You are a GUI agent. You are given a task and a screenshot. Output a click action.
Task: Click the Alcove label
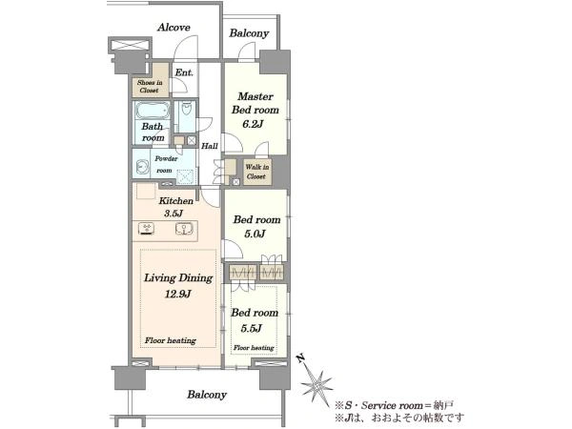[x=174, y=28]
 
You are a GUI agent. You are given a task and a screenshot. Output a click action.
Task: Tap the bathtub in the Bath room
[x=153, y=111]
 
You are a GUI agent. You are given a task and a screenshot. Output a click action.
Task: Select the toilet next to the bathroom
[x=187, y=110]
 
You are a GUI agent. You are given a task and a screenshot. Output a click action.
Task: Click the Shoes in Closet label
[x=150, y=86]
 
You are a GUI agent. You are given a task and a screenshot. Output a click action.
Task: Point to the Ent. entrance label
[x=184, y=72]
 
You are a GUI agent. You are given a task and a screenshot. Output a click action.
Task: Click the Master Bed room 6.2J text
[x=255, y=110]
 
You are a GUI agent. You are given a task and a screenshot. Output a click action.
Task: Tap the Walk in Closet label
[x=257, y=172]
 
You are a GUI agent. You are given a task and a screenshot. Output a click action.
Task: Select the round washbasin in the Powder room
[x=141, y=168]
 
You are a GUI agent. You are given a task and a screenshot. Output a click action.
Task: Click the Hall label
[x=210, y=146]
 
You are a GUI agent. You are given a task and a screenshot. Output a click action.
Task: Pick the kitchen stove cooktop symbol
[x=147, y=229]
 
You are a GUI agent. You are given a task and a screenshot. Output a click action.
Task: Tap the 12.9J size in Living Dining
[x=177, y=294]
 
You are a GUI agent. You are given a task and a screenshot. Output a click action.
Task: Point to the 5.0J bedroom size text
[x=255, y=234]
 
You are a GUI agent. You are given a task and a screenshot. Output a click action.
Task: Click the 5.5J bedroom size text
[x=252, y=328]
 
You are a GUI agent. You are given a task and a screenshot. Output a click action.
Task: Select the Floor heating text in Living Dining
[x=171, y=340]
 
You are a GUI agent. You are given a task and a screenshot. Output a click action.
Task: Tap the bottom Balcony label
[x=207, y=395]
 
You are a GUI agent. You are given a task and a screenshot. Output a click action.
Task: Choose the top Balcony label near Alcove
[x=249, y=33]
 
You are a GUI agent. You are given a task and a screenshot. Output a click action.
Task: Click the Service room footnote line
[x=395, y=405]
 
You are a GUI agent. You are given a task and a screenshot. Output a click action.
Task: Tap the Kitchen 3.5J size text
[x=173, y=214]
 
